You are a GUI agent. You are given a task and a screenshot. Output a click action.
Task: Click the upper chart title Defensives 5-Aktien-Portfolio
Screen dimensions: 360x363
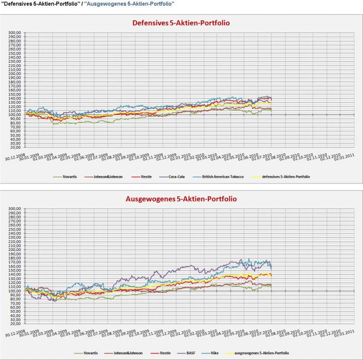click(181, 23)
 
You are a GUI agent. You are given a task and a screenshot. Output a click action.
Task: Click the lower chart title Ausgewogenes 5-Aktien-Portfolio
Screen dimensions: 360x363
click(181, 199)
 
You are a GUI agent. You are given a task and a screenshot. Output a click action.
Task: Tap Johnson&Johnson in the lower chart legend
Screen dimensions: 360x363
click(118, 352)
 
